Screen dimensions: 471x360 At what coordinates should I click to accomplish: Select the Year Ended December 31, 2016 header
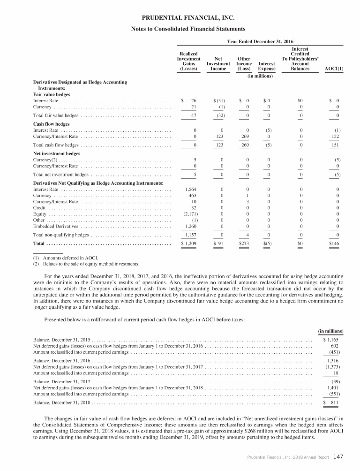pos(260,41)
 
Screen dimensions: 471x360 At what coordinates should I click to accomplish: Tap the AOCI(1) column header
pos(334,68)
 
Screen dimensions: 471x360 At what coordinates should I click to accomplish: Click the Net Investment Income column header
pos(218,63)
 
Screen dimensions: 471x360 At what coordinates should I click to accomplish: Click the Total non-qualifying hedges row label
pos(61,235)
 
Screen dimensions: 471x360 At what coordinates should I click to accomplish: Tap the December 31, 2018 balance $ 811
pos(331,403)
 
